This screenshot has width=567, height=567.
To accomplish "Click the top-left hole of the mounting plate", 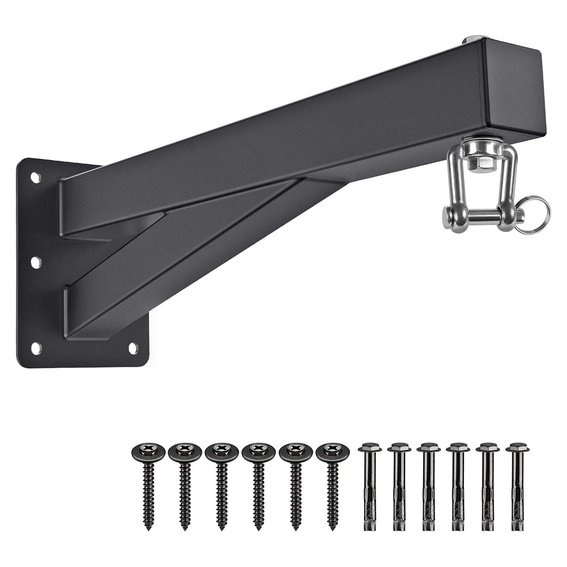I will (x=35, y=177).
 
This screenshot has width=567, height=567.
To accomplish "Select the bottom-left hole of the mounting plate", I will (x=36, y=347).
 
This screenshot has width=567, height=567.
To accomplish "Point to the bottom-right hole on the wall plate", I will (x=133, y=346).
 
